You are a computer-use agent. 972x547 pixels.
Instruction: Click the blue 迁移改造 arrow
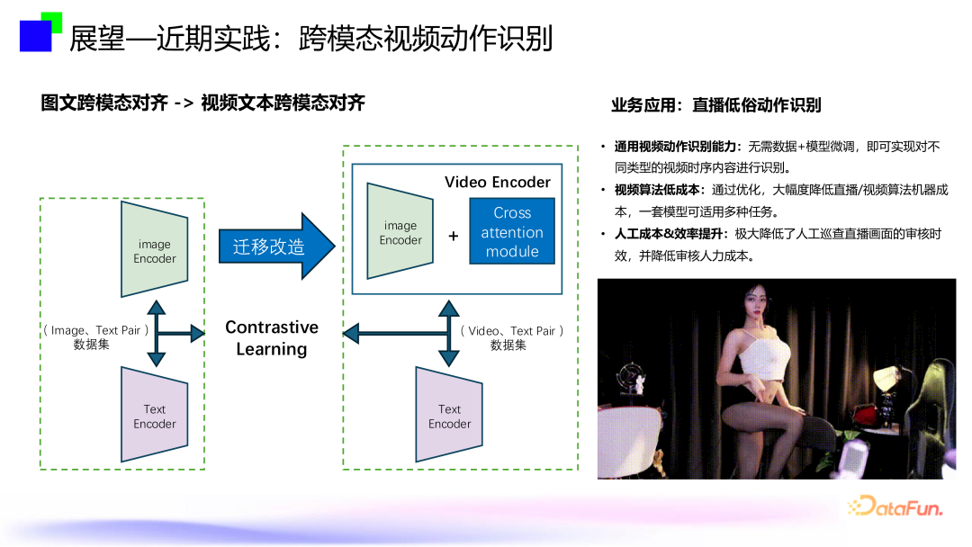pos(276,247)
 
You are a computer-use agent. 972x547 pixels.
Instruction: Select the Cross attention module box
pos(512,231)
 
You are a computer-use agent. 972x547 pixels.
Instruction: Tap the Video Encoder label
pos(497,182)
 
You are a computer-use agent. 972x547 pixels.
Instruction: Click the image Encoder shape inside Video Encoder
pos(400,231)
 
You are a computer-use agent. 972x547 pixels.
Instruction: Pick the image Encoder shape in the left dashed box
pos(155,249)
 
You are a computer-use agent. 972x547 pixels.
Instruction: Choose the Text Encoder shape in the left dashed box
pos(155,415)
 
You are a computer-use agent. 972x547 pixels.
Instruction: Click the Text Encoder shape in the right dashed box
pos(449,415)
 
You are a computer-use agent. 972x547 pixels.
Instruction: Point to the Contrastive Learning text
pos(272,338)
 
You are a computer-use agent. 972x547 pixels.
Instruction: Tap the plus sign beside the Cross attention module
pos(453,236)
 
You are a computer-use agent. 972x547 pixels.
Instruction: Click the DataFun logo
pos(895,507)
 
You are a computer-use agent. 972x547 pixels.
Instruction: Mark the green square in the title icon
pos(52,20)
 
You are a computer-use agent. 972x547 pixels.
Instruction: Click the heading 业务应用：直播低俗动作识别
pos(716,105)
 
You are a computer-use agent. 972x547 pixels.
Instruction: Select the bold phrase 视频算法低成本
pos(656,190)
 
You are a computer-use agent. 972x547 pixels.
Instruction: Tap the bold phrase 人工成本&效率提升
pos(668,234)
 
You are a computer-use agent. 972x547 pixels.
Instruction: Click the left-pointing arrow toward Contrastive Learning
pos(395,333)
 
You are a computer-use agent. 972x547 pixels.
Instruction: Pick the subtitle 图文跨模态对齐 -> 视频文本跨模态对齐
pos(202,103)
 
